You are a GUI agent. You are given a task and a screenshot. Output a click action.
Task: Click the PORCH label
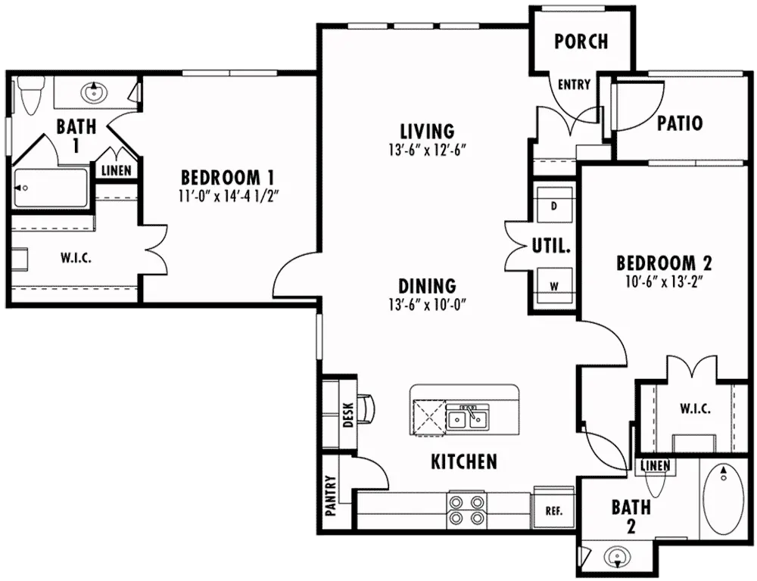(581, 42)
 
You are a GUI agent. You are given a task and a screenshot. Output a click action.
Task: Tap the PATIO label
(680, 123)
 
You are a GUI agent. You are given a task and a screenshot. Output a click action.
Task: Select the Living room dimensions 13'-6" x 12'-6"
(427, 151)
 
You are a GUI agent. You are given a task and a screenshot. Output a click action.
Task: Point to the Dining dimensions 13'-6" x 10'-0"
(427, 305)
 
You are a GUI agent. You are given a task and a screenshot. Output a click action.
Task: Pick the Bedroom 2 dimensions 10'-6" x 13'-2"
(664, 282)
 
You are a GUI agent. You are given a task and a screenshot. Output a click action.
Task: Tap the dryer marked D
(554, 205)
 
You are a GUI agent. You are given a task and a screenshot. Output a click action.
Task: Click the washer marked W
(554, 285)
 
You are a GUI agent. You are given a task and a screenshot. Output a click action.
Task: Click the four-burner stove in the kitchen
(466, 510)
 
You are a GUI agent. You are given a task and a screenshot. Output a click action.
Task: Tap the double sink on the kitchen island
(467, 418)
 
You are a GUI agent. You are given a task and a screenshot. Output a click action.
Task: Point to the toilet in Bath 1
(30, 95)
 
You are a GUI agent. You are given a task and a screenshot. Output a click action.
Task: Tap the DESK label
(348, 415)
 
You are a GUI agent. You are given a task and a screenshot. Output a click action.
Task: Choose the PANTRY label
(331, 496)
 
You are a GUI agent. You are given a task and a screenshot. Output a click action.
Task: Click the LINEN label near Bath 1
(117, 170)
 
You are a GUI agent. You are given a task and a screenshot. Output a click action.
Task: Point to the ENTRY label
(574, 85)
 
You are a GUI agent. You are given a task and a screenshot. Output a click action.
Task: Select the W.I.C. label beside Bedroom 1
(76, 258)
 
